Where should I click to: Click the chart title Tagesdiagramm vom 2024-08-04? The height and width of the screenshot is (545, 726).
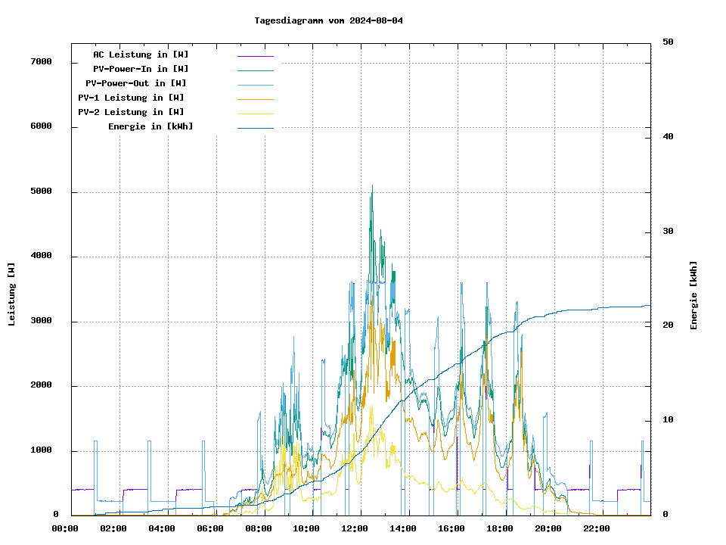coord(328,20)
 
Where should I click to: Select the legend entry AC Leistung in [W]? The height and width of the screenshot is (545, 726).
coord(141,54)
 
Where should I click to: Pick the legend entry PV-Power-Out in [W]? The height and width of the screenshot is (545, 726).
coord(136,83)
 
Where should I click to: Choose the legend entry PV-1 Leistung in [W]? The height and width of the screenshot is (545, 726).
coord(131,98)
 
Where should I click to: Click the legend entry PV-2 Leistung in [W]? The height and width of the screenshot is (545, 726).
coord(131,112)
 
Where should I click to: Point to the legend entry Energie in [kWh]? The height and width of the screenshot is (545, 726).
coord(150,126)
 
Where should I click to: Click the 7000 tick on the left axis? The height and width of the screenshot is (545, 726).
coord(41,61)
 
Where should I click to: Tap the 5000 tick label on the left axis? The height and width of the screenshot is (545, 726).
coord(41,192)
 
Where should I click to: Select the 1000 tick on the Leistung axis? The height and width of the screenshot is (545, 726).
coord(41,450)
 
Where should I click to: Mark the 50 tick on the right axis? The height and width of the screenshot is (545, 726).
coord(668,42)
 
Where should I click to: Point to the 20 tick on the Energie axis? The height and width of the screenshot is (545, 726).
coord(668,325)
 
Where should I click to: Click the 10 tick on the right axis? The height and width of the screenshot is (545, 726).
coord(668,420)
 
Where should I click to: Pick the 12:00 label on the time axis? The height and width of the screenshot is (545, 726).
coord(355,528)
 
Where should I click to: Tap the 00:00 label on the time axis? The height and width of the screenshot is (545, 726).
coord(65,528)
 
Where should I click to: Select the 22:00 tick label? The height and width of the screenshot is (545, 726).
coord(597,528)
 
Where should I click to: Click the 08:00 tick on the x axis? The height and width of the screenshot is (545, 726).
coord(259,528)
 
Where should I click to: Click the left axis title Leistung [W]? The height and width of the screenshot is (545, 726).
coord(12,294)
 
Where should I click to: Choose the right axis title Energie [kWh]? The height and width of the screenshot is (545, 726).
coord(693,295)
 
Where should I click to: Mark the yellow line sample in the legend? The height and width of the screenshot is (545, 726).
coord(255,113)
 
